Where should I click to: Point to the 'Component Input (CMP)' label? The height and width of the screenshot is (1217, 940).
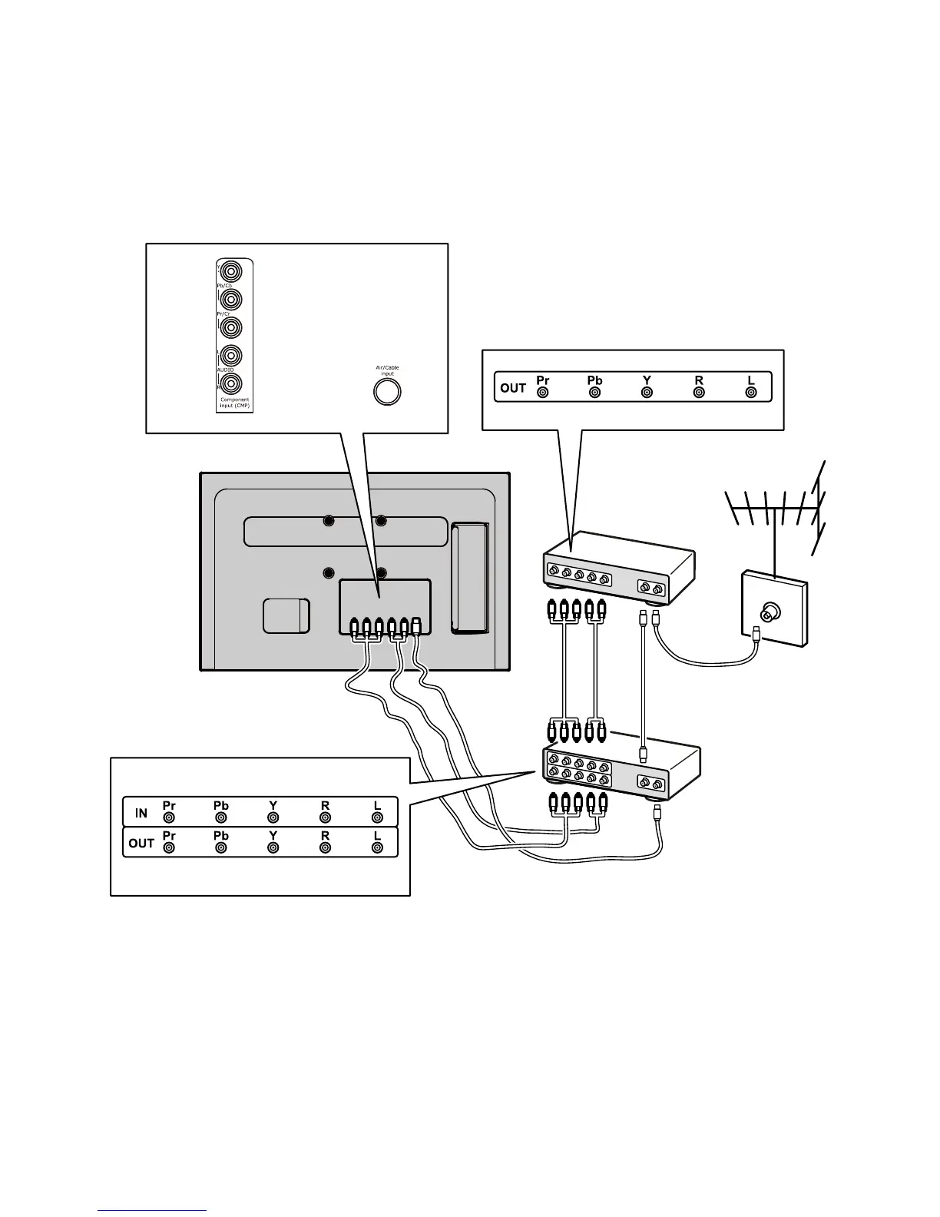click(x=234, y=403)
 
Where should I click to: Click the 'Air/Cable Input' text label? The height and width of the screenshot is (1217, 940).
click(x=387, y=370)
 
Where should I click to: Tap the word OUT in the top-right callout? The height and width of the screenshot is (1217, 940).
click(x=513, y=388)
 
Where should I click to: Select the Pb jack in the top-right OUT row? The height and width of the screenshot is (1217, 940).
click(x=594, y=393)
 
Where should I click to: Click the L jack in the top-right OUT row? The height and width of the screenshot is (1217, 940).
click(x=751, y=393)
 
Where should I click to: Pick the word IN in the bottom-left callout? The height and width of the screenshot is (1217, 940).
click(x=141, y=813)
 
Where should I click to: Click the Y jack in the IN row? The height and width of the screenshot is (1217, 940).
click(x=273, y=817)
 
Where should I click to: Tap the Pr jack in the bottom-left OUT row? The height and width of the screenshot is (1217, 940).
click(x=169, y=847)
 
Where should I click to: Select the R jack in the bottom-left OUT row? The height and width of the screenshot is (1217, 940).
click(x=325, y=847)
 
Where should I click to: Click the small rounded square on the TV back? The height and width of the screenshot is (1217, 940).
click(x=286, y=616)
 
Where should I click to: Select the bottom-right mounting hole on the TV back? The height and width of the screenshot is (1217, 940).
click(x=381, y=573)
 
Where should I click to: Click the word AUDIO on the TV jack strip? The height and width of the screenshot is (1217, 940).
click(x=225, y=370)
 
